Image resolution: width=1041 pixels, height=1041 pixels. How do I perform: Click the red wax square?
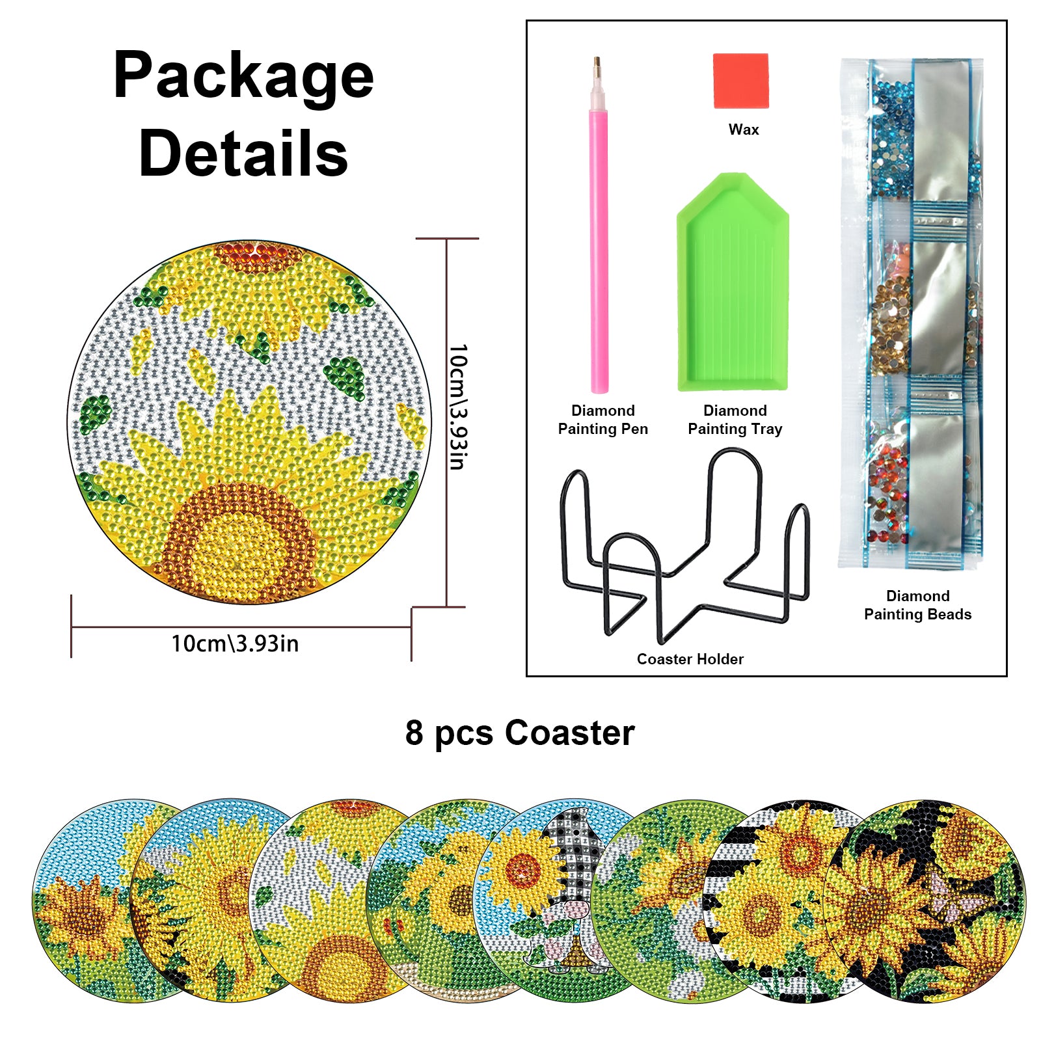[740, 81]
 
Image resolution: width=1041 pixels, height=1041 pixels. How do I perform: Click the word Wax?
[744, 129]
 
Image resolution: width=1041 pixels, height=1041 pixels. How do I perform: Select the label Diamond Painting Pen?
[603, 420]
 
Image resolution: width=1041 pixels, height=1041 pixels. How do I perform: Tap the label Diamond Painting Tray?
[735, 420]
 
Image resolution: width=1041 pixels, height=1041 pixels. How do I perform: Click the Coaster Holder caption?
[690, 659]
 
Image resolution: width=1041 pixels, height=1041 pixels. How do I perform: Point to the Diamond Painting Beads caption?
[917, 605]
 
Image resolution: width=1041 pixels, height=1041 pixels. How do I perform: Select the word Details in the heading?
[243, 154]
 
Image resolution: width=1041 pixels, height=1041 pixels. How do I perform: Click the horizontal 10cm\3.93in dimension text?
[235, 643]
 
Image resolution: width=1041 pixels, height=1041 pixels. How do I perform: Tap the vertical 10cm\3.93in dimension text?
[458, 407]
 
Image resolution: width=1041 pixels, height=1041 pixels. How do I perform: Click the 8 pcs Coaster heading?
[520, 733]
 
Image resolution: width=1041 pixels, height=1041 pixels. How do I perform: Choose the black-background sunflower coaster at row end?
[924, 902]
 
